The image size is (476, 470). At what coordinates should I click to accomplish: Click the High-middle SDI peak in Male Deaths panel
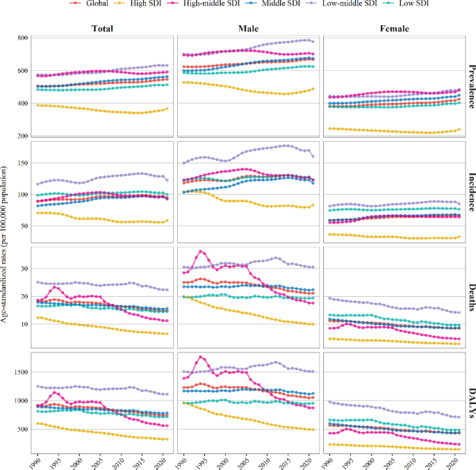[201, 251]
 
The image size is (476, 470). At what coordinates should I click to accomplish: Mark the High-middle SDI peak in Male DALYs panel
[201, 357]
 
